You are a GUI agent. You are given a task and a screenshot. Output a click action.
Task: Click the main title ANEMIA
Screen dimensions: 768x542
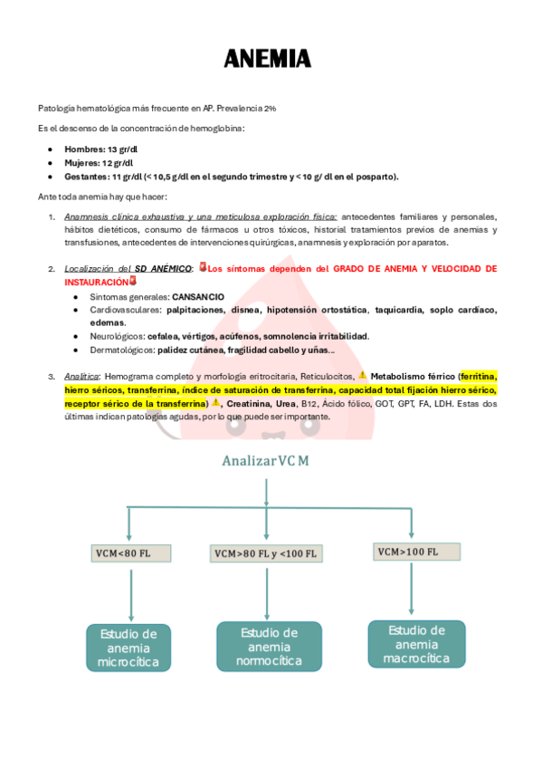pos(268,60)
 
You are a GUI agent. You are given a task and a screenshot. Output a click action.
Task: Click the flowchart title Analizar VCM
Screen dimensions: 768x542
pos(265,460)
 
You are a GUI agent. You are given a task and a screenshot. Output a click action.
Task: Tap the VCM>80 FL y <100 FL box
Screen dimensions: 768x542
pos(265,553)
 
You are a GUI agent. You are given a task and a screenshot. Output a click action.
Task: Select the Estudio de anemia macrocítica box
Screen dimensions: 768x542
pos(416,643)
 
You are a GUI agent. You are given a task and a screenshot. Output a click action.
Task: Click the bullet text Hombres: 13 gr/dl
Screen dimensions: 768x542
pos(100,149)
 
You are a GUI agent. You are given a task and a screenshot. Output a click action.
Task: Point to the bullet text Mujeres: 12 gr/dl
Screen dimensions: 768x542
pos(99,162)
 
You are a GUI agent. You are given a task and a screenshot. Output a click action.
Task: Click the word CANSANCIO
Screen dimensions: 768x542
pos(198,296)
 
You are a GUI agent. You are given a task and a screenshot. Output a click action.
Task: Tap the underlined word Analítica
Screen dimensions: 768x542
pos(81,376)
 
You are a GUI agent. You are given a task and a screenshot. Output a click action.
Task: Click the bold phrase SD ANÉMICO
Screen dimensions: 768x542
pos(163,269)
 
